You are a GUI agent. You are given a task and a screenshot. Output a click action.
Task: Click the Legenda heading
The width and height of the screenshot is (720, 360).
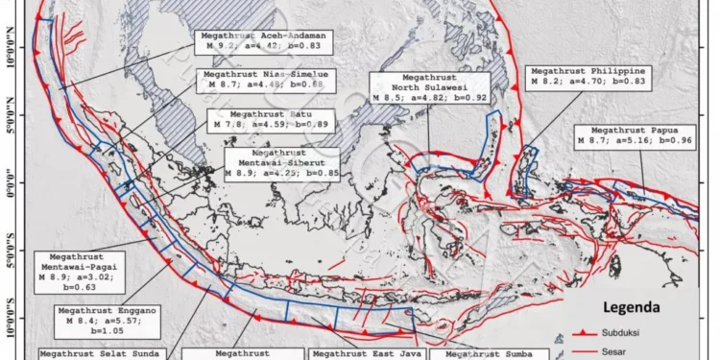[x=631, y=308]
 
